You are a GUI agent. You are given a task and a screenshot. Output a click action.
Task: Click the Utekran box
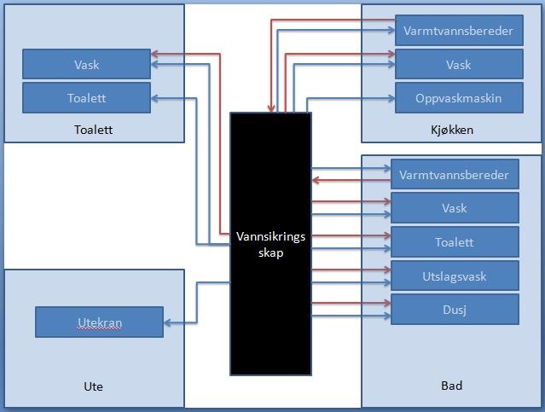tap(98, 322)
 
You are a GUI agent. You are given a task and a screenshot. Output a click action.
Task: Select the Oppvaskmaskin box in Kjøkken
tap(459, 98)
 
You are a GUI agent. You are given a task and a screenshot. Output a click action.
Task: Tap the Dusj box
tap(455, 309)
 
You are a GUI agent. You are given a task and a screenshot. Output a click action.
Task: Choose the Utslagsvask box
tap(455, 276)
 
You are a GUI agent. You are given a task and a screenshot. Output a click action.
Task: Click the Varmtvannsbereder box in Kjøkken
tap(459, 32)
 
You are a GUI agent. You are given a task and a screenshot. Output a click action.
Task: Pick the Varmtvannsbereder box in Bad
tap(455, 175)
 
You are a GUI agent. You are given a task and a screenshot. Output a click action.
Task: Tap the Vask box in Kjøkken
tap(459, 65)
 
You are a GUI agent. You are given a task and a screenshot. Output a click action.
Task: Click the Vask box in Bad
tap(455, 208)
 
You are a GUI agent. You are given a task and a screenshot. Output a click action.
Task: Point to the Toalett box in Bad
tap(455, 242)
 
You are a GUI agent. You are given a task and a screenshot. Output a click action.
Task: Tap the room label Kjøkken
tap(451, 131)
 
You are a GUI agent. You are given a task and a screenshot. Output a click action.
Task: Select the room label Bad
tap(451, 386)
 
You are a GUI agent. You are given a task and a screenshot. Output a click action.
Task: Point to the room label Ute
tap(94, 386)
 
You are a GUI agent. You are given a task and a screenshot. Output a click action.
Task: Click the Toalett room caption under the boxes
tap(94, 131)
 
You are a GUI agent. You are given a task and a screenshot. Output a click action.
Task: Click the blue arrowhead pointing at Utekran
tap(167, 322)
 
